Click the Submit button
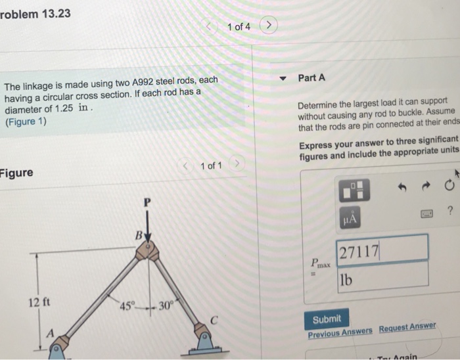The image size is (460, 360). (x=327, y=319)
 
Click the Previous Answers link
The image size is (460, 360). (x=340, y=333)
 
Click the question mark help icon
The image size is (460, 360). (x=449, y=212)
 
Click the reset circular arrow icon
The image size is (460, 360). (x=449, y=186)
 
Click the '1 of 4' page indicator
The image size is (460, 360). (x=239, y=27)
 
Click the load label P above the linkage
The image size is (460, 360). (x=149, y=204)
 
